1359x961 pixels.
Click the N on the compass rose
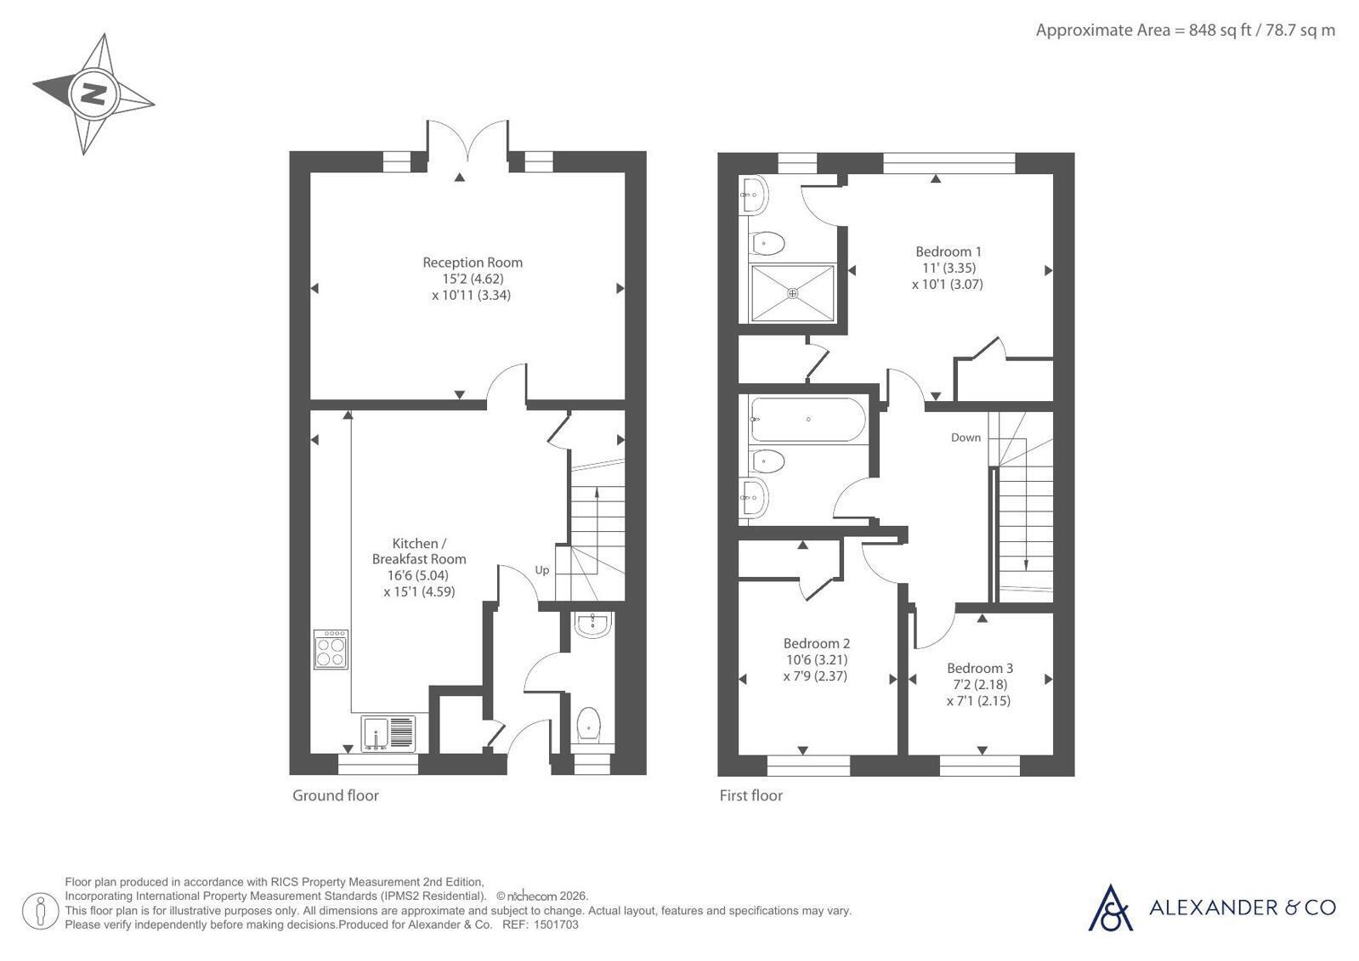[94, 94]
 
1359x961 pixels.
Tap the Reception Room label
[473, 263]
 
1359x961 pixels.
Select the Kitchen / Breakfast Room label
[419, 551]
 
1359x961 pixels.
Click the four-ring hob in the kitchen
[331, 649]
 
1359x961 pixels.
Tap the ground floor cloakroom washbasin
[592, 625]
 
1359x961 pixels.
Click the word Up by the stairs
[541, 570]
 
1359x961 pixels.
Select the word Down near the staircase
[965, 438]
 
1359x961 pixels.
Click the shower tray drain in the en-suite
[793, 293]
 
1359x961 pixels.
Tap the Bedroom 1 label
[948, 252]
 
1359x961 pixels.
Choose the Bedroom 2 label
[816, 643]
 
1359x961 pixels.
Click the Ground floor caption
[336, 795]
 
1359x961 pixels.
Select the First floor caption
[751, 795]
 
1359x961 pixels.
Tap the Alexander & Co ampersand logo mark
[1110, 908]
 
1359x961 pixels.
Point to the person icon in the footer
[41, 910]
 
